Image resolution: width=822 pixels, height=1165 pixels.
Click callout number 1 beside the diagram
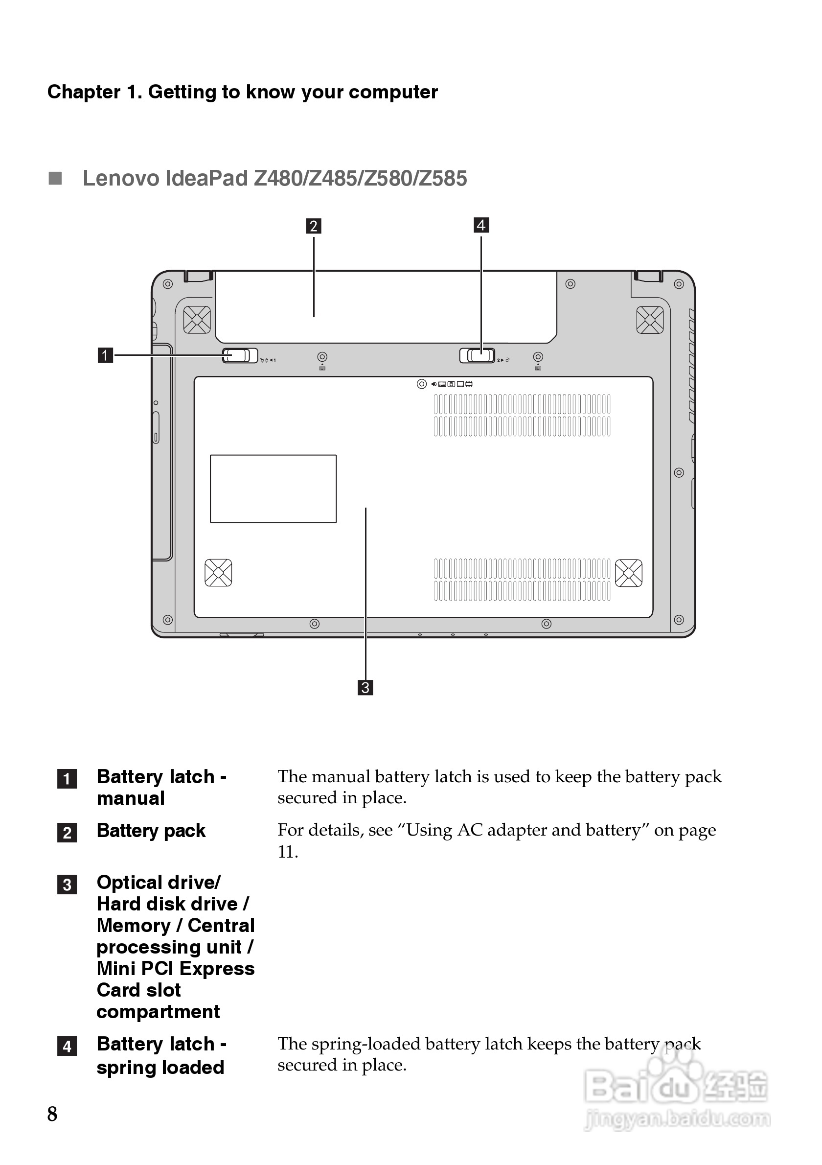tap(105, 355)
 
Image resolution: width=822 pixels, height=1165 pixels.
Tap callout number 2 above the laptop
tap(313, 226)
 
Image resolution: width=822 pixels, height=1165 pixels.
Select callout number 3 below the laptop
tap(365, 688)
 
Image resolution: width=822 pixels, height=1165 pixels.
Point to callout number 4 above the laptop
tap(481, 225)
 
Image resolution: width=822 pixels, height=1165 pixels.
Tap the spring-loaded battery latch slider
tap(477, 355)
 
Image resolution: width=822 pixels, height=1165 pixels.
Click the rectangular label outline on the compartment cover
tap(274, 489)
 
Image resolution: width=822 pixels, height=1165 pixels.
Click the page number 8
tap(52, 1114)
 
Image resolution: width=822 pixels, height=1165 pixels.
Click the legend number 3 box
tap(67, 885)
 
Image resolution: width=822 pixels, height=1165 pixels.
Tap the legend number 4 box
tap(67, 1046)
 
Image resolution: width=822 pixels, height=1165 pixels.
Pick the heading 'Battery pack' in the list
tap(151, 831)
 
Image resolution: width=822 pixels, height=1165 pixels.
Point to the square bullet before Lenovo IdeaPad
tap(55, 178)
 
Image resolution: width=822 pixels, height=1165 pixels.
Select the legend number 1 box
tap(67, 779)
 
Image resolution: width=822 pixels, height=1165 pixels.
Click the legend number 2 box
tap(67, 833)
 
